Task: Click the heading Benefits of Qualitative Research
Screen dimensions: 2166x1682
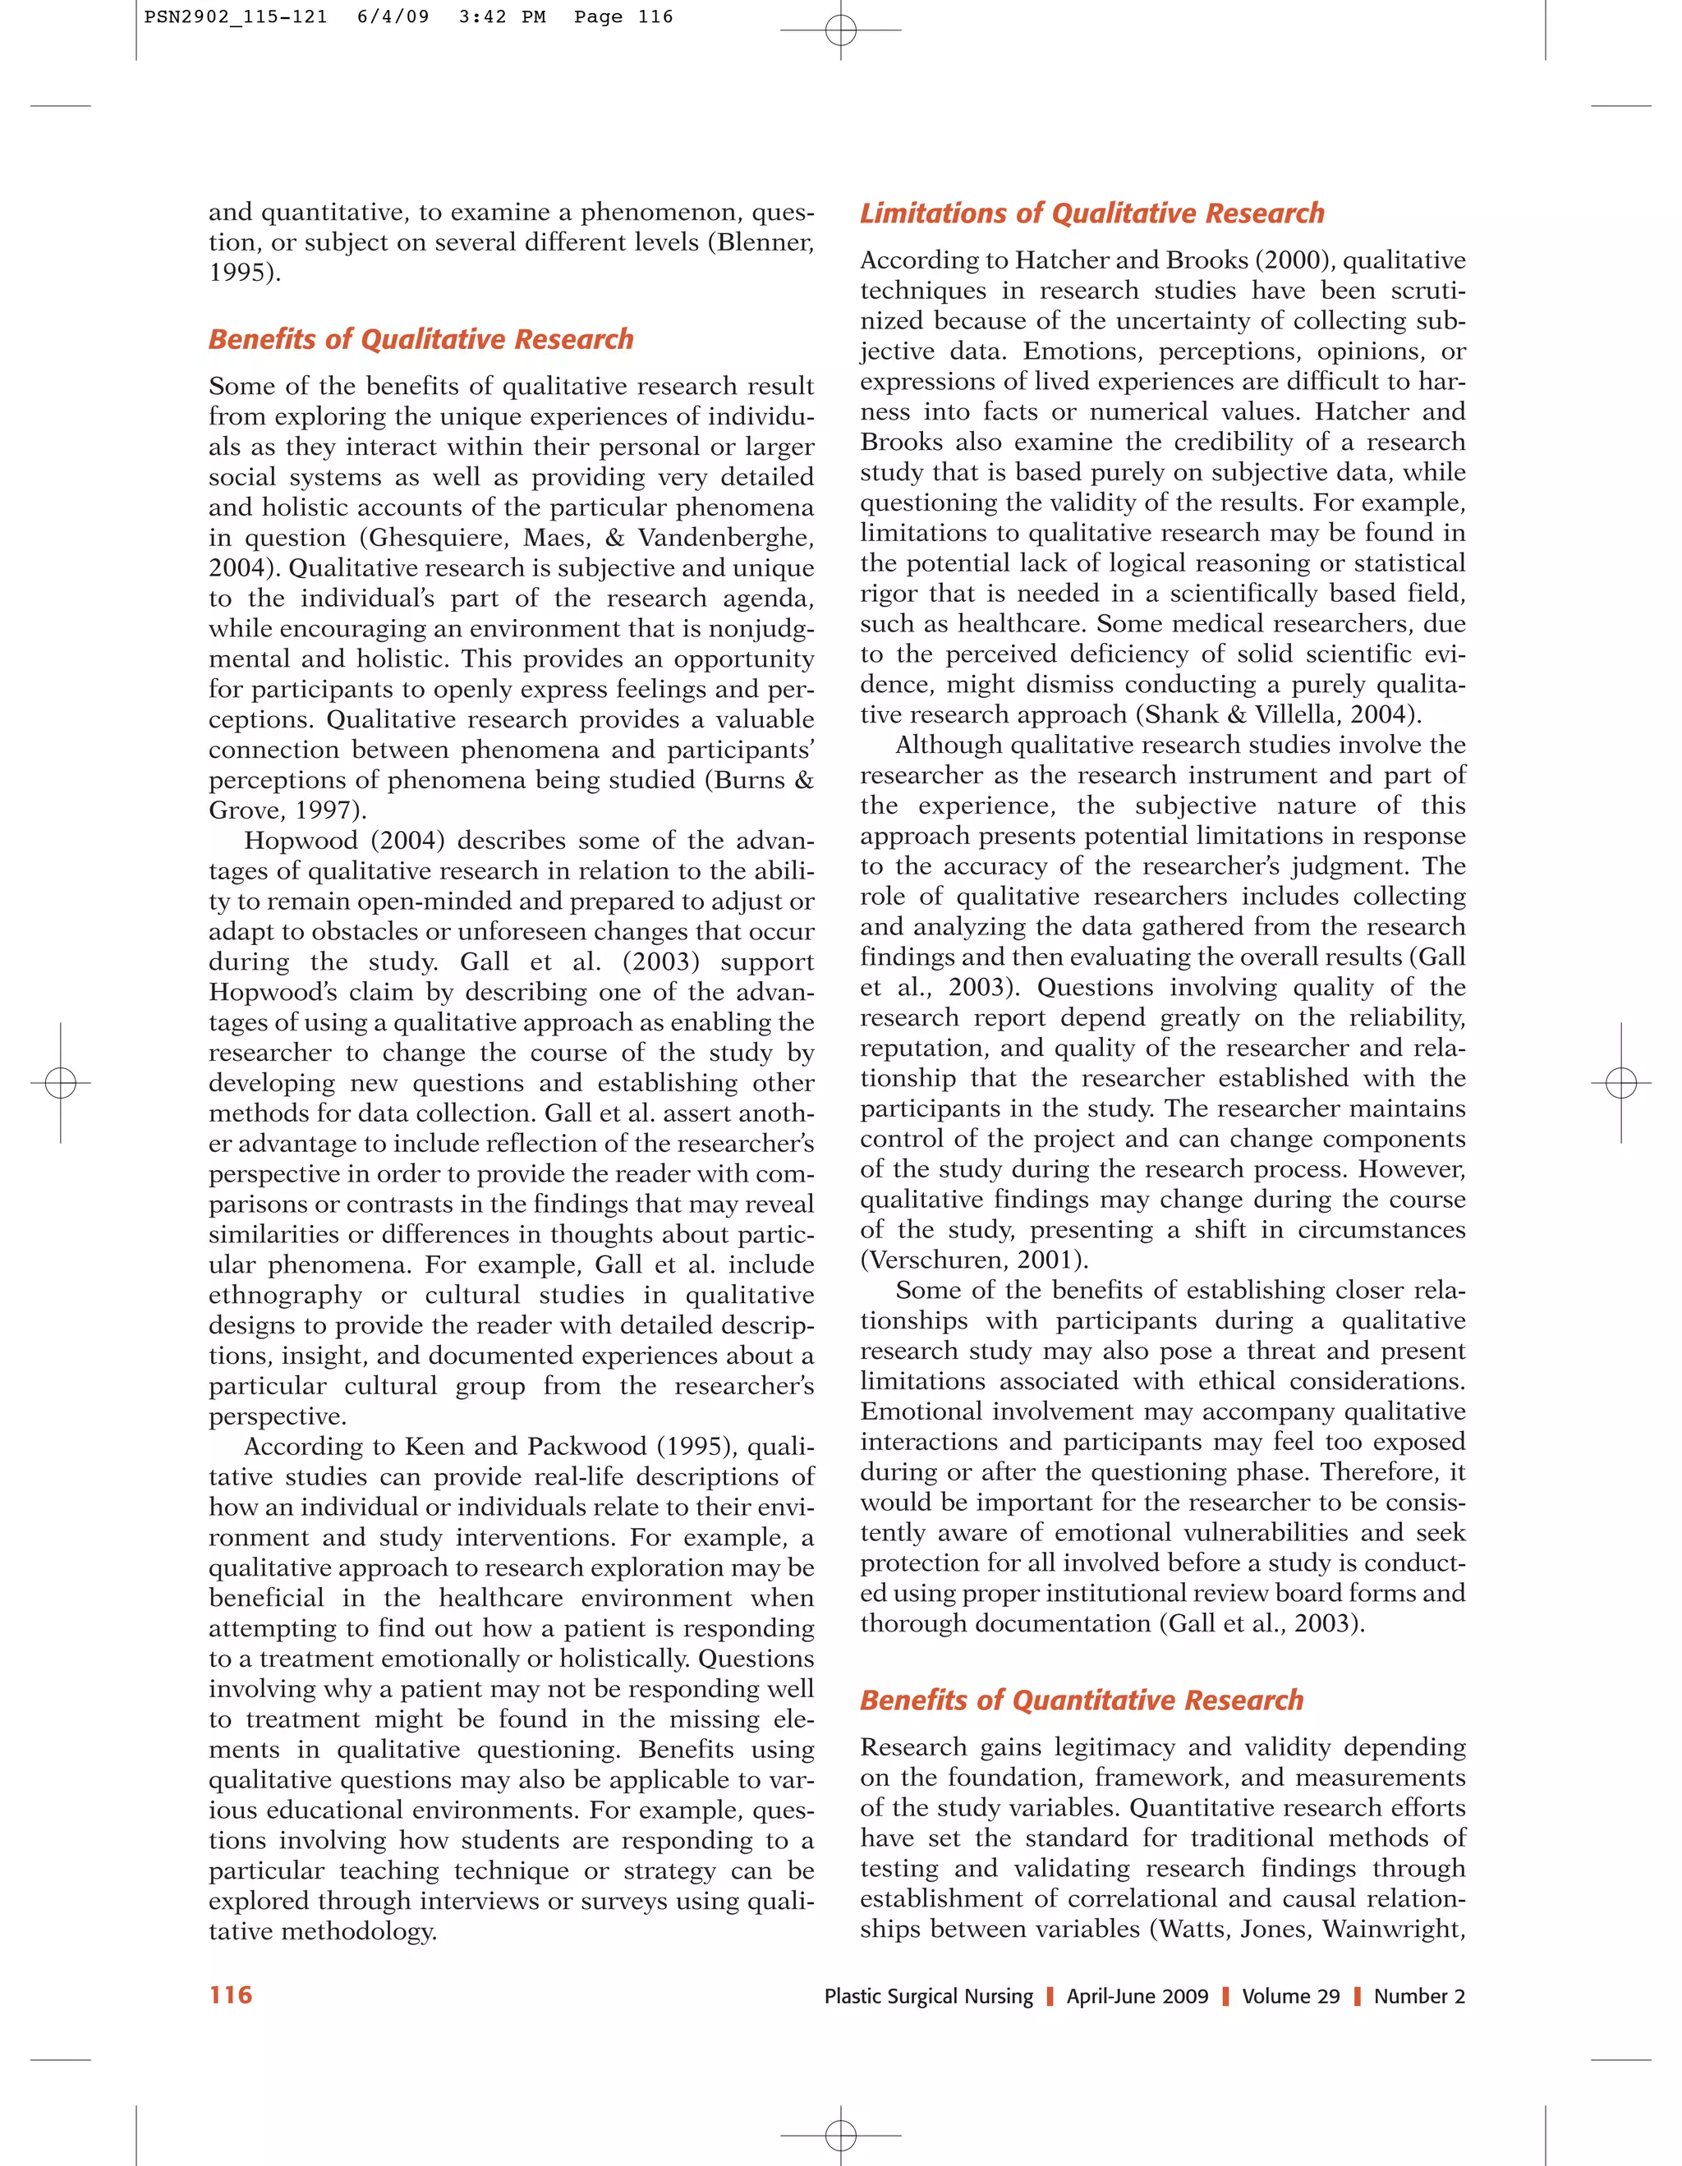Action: pyautogui.click(x=420, y=339)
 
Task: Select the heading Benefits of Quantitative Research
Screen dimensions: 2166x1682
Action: pyautogui.click(x=1081, y=1700)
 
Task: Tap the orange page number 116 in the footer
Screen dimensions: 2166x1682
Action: pyautogui.click(x=231, y=1995)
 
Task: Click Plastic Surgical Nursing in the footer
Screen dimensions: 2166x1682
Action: pyautogui.click(x=928, y=1996)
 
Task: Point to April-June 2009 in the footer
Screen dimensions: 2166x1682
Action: pyautogui.click(x=1137, y=1996)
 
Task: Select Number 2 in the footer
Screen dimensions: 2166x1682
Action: pyautogui.click(x=1419, y=1996)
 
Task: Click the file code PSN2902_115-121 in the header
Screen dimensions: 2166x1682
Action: pyautogui.click(x=236, y=17)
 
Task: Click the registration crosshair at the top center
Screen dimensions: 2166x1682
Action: pyautogui.click(x=840, y=30)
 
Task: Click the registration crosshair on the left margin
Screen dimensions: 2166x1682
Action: pyautogui.click(x=61, y=1082)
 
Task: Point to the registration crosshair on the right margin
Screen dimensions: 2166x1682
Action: pyautogui.click(x=1620, y=1082)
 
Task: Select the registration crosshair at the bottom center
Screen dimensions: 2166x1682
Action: pyautogui.click(x=840, y=2133)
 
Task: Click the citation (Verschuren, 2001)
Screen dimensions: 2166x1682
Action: pyautogui.click(x=974, y=1260)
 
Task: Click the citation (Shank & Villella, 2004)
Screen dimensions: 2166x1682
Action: pyautogui.click(x=1279, y=715)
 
